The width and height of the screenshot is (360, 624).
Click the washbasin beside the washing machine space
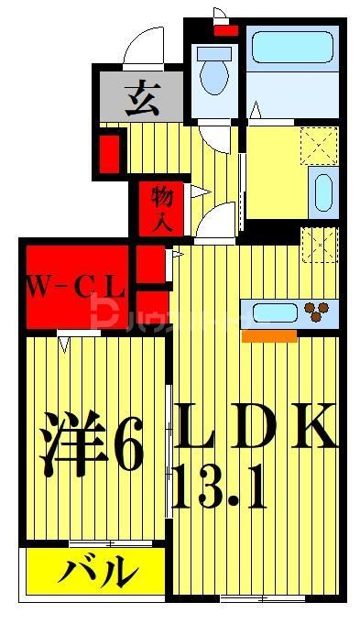click(x=322, y=192)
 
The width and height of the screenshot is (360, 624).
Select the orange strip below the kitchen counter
click(x=269, y=336)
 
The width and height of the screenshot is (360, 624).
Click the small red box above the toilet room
click(x=225, y=29)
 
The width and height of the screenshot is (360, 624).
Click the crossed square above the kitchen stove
click(x=318, y=243)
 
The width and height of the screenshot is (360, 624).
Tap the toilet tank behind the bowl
click(x=213, y=52)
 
